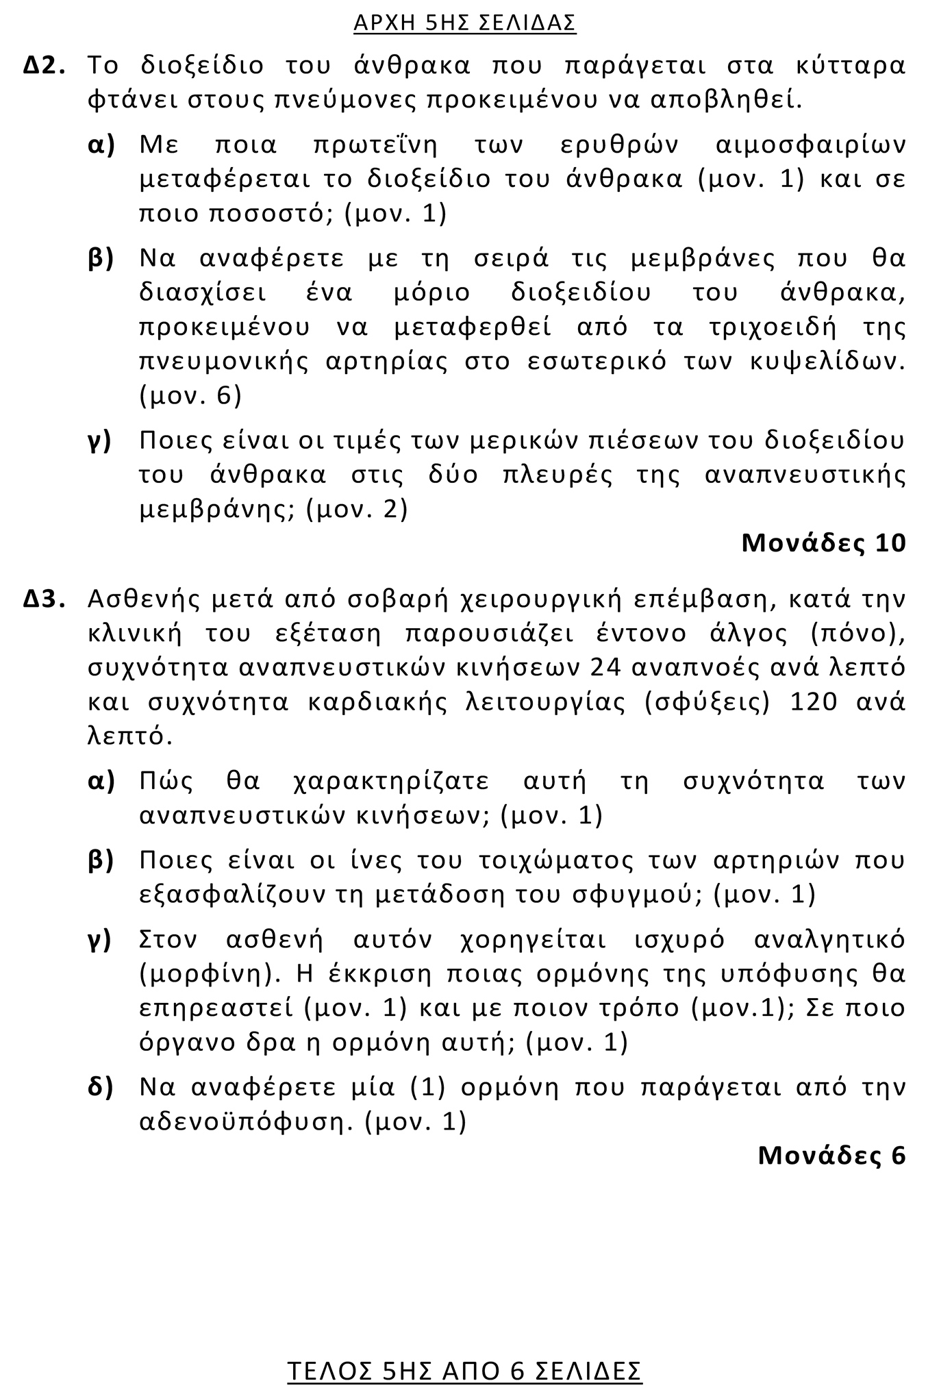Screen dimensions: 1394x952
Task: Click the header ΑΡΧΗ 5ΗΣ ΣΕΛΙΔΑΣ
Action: (465, 23)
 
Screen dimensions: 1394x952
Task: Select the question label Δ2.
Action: (45, 66)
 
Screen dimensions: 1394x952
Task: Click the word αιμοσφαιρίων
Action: (810, 145)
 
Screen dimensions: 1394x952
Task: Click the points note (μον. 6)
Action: (190, 396)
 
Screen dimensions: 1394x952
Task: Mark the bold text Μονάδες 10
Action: (823, 543)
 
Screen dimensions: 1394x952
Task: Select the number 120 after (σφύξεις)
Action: (814, 702)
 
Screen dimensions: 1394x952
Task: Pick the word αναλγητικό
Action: (829, 938)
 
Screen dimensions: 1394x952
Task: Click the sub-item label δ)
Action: (101, 1087)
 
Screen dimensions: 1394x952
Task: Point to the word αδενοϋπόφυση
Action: (245, 1121)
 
